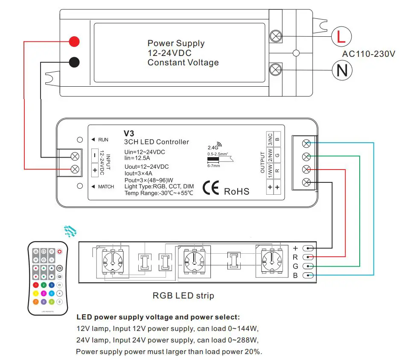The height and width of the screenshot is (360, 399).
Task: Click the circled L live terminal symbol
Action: point(341,37)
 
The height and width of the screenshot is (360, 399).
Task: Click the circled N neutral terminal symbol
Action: point(342,70)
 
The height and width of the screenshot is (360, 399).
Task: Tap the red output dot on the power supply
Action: point(74,41)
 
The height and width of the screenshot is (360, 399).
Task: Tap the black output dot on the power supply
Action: point(74,62)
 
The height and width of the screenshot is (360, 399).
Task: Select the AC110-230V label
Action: point(369,54)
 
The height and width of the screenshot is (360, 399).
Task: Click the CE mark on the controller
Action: point(211,189)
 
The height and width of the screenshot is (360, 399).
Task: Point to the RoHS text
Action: point(236,191)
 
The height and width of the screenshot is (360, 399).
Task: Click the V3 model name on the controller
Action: point(129,133)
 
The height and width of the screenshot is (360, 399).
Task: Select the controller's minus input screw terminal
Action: point(75,155)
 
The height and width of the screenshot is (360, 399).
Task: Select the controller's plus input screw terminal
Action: point(75,169)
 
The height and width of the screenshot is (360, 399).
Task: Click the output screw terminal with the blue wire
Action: point(306,143)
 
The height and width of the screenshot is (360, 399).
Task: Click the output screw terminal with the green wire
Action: point(306,156)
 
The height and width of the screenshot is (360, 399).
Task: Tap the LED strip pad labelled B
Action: point(309,275)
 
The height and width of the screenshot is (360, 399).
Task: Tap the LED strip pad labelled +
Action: point(309,248)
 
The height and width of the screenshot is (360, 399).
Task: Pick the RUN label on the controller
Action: point(103,140)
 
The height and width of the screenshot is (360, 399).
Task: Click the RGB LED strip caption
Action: point(183,295)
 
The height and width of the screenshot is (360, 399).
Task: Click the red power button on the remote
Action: point(60,252)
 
